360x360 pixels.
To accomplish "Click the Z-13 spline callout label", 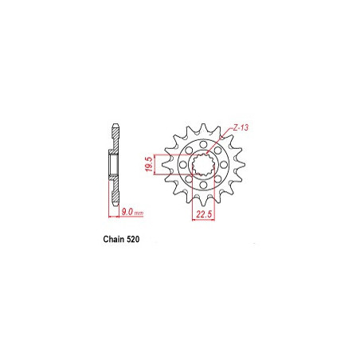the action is (x=241, y=127).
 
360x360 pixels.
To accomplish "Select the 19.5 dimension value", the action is (x=150, y=164).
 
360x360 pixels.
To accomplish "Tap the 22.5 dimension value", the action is (x=204, y=214).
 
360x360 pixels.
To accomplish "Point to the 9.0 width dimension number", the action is (x=127, y=212).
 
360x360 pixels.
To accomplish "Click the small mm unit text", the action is (x=139, y=213).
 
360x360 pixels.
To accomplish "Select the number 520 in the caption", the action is (x=133, y=239).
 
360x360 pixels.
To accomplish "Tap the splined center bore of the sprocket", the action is (x=203, y=165).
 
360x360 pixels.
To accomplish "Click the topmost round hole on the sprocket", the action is (x=203, y=145).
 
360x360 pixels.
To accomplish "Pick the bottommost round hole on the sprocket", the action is (x=203, y=185).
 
